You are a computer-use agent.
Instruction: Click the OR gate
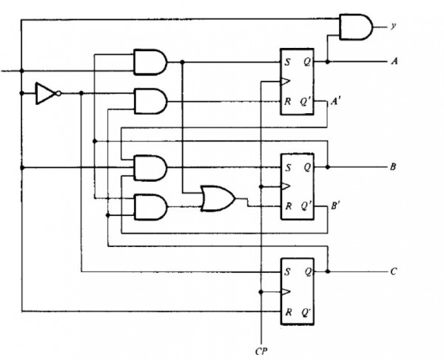pyautogui.click(x=218, y=199)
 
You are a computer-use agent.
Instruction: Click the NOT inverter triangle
pyautogui.click(x=46, y=93)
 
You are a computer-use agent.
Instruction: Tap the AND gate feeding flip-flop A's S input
pyautogui.click(x=149, y=61)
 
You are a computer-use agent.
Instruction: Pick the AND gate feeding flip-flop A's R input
pyautogui.click(x=149, y=100)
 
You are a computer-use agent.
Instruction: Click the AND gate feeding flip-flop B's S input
pyautogui.click(x=149, y=168)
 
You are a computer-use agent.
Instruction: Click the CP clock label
pyautogui.click(x=260, y=347)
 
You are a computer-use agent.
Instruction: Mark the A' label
pyautogui.click(x=334, y=103)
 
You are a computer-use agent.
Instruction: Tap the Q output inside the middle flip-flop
pyautogui.click(x=306, y=167)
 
